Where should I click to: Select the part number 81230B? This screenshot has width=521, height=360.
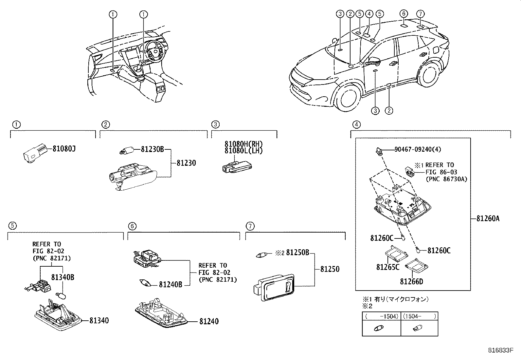[152, 149]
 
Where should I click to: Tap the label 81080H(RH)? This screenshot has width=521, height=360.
[243, 144]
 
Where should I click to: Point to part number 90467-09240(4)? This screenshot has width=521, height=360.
[418, 149]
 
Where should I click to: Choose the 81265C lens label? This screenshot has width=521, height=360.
[387, 267]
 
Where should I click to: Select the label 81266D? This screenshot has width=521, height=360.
[411, 281]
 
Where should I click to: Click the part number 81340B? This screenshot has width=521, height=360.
[63, 277]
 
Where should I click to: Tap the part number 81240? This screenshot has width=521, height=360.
[209, 321]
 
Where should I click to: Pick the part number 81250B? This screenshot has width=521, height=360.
[297, 253]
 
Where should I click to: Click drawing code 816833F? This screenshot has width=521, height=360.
[500, 350]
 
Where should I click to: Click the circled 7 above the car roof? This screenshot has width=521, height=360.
[421, 13]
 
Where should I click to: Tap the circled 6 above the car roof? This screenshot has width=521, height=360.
[404, 13]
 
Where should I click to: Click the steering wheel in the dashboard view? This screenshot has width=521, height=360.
[153, 52]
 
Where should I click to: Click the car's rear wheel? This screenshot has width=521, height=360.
[432, 74]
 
